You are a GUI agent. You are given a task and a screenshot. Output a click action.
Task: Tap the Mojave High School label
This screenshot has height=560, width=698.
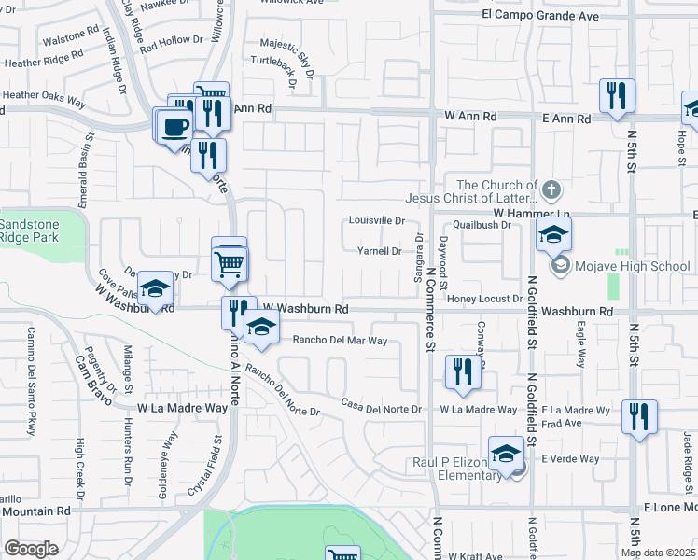[x=633, y=267]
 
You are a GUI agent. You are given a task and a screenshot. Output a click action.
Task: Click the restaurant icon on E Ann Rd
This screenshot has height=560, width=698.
[x=617, y=96]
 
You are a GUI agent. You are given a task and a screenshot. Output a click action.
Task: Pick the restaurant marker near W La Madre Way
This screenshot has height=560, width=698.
[x=463, y=372]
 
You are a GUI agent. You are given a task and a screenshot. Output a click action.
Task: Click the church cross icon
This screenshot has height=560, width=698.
[x=551, y=190]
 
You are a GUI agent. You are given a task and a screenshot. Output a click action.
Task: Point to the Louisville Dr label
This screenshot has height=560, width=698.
[x=377, y=221]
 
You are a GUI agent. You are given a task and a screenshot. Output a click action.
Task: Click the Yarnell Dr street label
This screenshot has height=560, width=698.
[x=380, y=251]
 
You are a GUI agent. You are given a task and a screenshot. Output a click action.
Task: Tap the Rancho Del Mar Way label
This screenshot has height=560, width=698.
[x=340, y=341]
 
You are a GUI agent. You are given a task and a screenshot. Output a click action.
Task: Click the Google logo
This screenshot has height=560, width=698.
[x=31, y=549]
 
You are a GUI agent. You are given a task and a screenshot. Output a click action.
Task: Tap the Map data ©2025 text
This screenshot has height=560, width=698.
[x=657, y=553]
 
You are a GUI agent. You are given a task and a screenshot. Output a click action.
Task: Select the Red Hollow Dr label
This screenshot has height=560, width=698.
[x=171, y=41]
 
